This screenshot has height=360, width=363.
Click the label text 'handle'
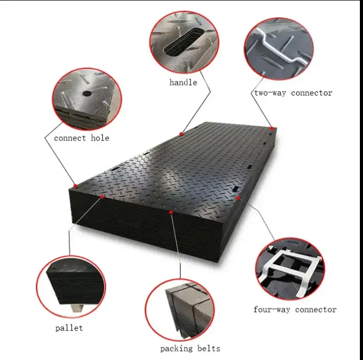tap(183, 82)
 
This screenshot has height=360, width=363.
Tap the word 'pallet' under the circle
tap(69, 328)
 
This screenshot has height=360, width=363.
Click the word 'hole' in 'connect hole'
tap(99, 138)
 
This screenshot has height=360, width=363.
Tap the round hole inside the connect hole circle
tap(87, 93)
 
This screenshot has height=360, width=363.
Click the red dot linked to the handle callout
tap(181, 133)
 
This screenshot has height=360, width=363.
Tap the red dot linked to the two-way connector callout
tap(272, 128)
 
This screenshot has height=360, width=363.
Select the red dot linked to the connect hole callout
tap(76, 186)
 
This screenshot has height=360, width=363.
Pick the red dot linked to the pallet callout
tap(102, 197)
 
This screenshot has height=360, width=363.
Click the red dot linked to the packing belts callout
tap(171, 212)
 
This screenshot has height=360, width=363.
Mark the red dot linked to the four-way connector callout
tap(238, 198)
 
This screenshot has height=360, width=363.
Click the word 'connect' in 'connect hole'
tap(71, 138)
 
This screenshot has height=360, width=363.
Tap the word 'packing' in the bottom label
tap(176, 349)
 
